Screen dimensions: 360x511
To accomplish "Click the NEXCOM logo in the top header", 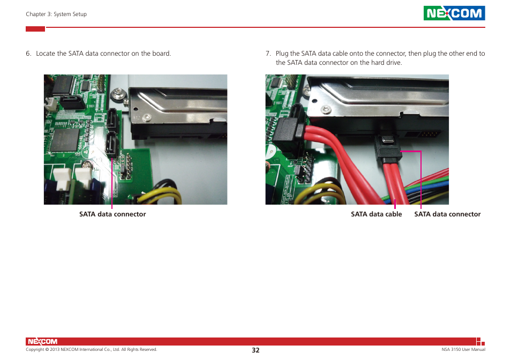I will coord(454,13).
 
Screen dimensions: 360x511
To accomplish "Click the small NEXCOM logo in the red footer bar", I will coord(42,342).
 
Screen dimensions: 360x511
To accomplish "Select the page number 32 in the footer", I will coord(255,350).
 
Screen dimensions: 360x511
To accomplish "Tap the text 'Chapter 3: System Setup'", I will coord(56,14).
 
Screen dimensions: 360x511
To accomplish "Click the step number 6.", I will coord(28,54).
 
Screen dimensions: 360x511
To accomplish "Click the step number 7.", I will coord(268,54).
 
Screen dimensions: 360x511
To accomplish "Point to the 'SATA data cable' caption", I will coord(376,214).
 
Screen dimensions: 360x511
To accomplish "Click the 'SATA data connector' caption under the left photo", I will coord(112,214).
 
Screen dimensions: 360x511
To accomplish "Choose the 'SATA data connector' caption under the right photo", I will coord(447,214).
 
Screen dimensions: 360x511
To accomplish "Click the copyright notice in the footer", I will coord(92,350).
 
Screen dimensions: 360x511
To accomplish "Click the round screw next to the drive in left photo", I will coord(118,96).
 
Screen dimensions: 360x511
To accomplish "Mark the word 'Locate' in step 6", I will coord(46,54).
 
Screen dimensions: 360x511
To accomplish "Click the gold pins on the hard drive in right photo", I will coord(427,134).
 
